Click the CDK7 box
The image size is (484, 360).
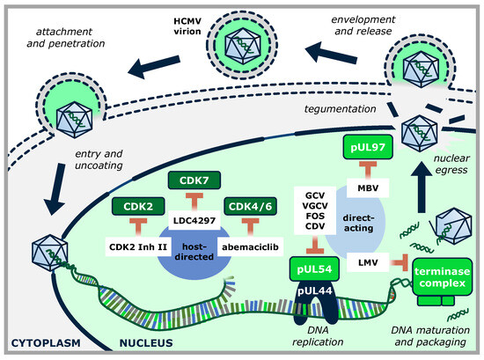coord(194,180)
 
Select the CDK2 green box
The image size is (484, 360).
coord(138,206)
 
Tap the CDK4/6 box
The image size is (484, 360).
coord(250,206)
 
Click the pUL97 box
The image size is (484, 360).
coord(368,147)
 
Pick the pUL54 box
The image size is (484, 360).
coord(314,269)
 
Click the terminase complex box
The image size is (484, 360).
coord(442,277)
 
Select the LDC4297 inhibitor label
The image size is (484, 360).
coord(194,220)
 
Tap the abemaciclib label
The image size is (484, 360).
coord(250,247)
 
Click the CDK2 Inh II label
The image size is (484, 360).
coord(138,247)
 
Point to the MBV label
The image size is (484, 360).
coord(368,187)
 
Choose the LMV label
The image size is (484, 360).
coord(368,262)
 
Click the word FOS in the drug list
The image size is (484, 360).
coord(315,216)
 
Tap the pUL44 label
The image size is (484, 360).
coord(314,290)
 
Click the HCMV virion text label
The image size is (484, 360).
coord(187,26)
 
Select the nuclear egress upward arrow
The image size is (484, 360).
coord(421,188)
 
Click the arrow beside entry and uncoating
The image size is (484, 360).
coord(56,189)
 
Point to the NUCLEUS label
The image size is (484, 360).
coord(146,342)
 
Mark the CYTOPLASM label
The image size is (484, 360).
coord(46,342)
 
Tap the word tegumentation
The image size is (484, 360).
coord(341,108)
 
